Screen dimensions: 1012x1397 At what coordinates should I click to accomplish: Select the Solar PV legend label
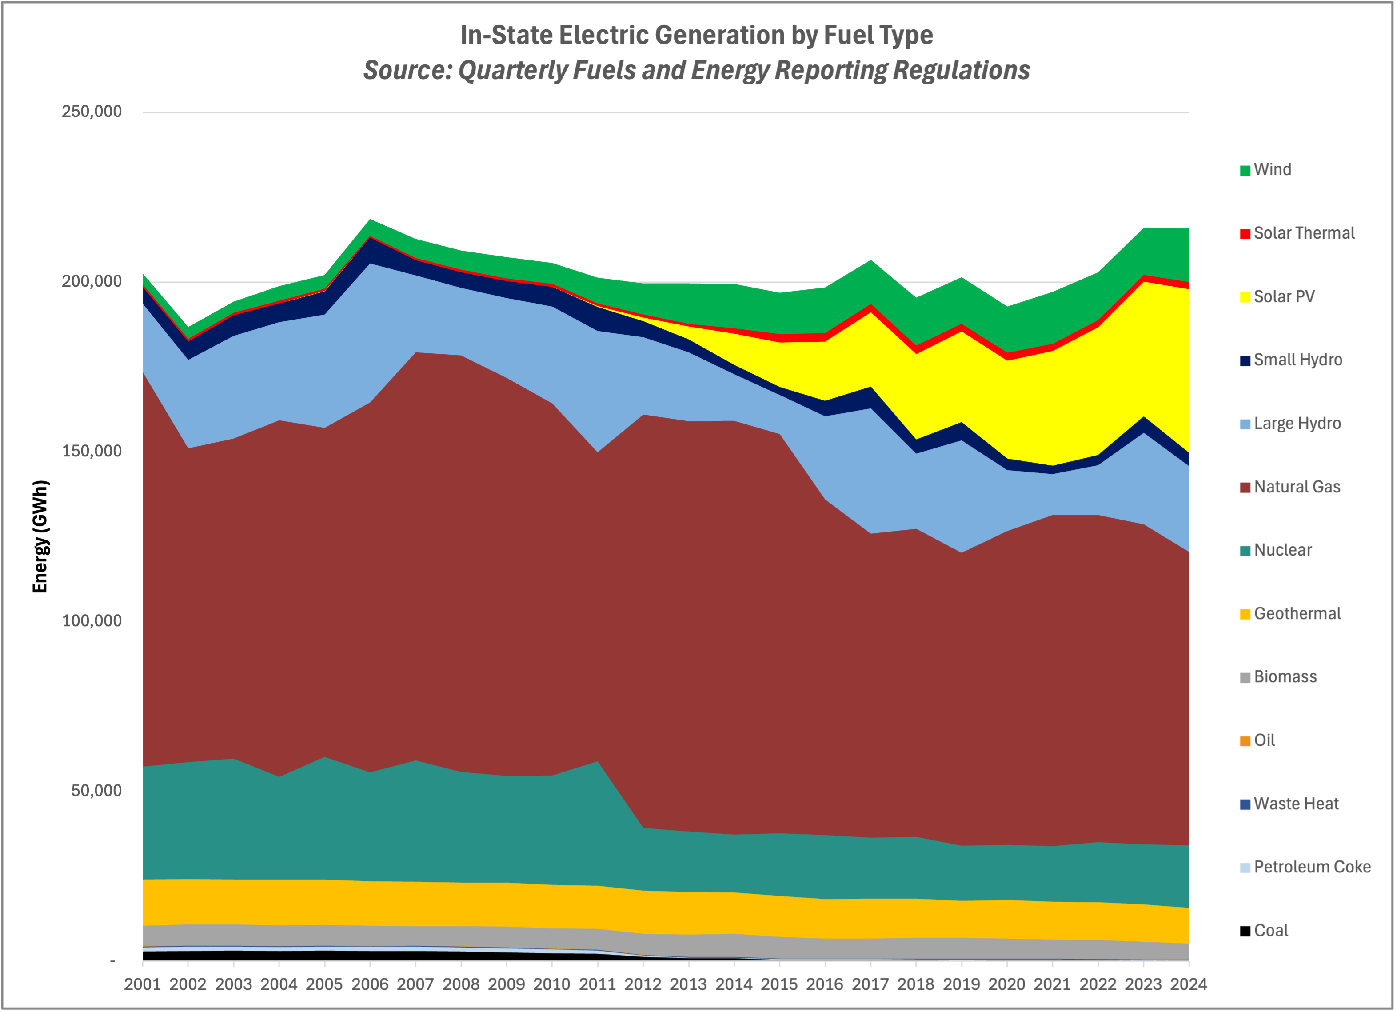pyautogui.click(x=1284, y=296)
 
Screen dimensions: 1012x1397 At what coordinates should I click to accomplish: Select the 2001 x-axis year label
pyautogui.click(x=142, y=984)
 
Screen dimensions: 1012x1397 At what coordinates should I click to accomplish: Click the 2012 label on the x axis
pyautogui.click(x=643, y=984)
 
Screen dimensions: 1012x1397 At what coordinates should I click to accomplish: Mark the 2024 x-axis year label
pyautogui.click(x=1188, y=984)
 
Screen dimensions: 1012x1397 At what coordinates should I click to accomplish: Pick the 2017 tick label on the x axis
pyautogui.click(x=870, y=984)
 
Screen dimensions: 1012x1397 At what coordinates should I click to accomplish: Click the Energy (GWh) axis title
pyautogui.click(x=40, y=536)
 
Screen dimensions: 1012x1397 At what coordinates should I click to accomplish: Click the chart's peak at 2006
pyautogui.click(x=370, y=219)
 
